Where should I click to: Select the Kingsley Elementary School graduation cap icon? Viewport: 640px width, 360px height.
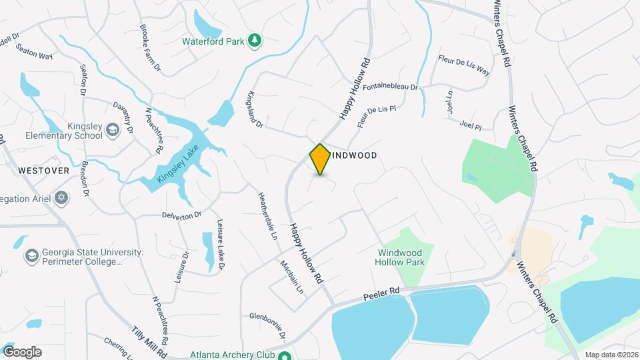point(113,129)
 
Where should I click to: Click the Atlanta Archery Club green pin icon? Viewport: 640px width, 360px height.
point(284,355)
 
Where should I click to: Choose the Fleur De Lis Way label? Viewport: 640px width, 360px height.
point(463,65)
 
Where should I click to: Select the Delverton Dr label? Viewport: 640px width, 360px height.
point(181,215)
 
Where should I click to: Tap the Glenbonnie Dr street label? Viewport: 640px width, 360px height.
point(267,326)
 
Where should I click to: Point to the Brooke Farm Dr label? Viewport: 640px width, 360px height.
point(150,48)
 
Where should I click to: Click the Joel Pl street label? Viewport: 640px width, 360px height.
point(470,125)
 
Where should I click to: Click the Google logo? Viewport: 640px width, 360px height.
point(22,352)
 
